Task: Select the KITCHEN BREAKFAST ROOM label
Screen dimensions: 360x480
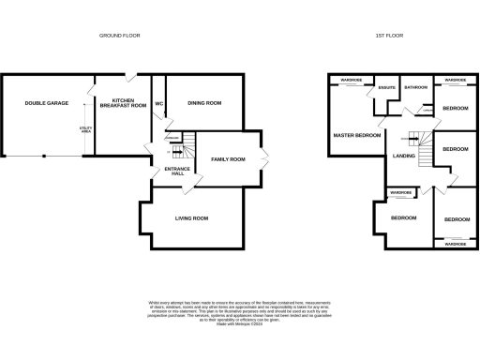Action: click(129, 103)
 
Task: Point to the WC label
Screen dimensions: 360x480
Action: click(158, 103)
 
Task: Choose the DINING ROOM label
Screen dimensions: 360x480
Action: click(204, 103)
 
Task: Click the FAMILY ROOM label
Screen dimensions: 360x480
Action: click(227, 159)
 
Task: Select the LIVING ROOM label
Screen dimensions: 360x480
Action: click(191, 218)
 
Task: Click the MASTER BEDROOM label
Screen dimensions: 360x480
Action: click(357, 136)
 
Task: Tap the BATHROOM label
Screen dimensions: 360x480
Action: click(415, 88)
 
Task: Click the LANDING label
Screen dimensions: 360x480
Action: click(404, 156)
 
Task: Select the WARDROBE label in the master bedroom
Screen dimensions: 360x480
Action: click(352, 81)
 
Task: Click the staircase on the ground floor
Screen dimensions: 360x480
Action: click(190, 146)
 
